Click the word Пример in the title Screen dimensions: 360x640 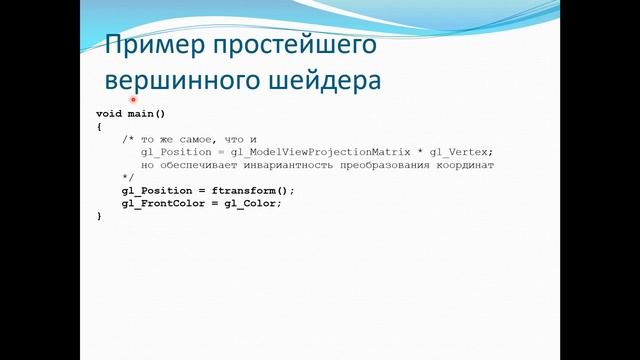pos(153,45)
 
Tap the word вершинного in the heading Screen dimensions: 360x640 pos(174,79)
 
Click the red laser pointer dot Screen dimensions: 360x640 pos(132,100)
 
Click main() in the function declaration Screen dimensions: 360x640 pos(146,114)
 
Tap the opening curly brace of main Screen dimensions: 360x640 pos(99,127)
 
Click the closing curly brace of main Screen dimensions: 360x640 pos(99,216)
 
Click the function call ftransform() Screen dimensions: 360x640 pos(258,190)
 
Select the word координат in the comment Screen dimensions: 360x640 pos(464,165)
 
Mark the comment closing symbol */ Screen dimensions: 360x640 pos(127,177)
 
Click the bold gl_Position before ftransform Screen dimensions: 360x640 pos(159,190)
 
